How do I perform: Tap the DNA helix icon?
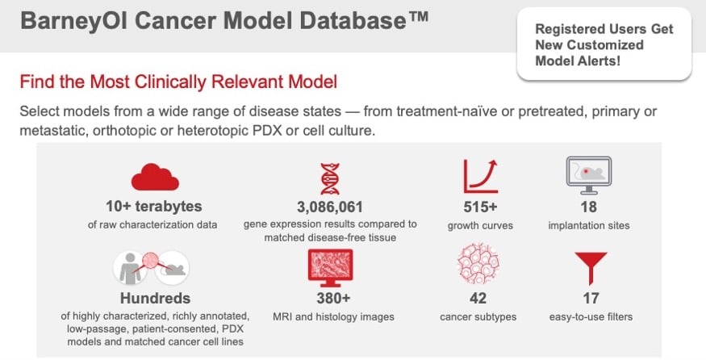tap(330, 179)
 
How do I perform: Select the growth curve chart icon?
tap(480, 176)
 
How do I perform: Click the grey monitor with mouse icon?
tap(588, 175)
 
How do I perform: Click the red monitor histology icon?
tap(331, 268)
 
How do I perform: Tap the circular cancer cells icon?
tap(478, 264)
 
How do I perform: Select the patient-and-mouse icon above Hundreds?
tap(152, 268)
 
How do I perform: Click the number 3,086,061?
tap(330, 207)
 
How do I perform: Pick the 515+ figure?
tap(480, 207)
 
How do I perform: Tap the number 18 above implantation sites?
tap(589, 207)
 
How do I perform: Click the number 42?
tap(478, 299)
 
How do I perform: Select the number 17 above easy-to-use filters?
tap(591, 299)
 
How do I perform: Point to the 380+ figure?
tap(333, 299)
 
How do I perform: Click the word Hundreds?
tap(156, 299)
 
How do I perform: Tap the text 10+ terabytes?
tap(154, 207)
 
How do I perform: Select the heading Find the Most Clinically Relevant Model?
tap(178, 82)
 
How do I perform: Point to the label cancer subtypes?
tap(478, 317)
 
